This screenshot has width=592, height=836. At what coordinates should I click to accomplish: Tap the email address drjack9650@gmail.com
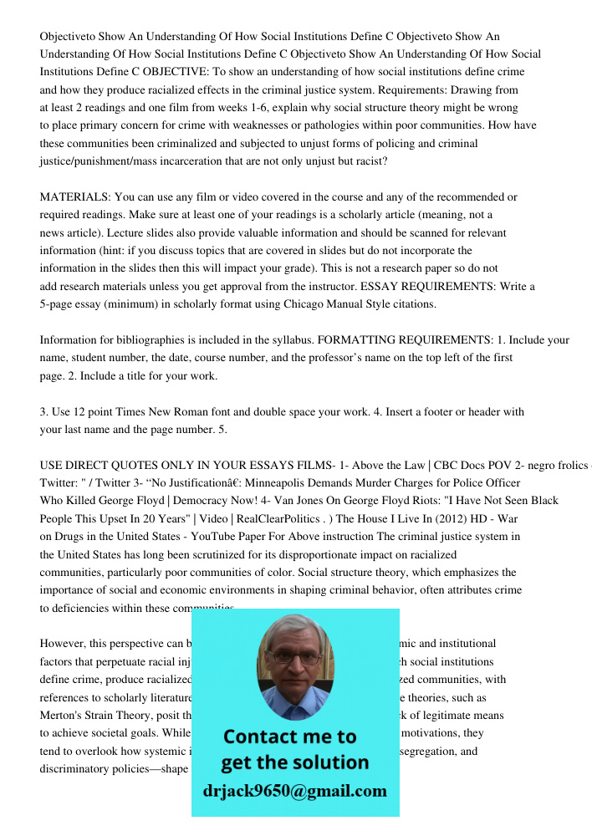pyautogui.click(x=295, y=791)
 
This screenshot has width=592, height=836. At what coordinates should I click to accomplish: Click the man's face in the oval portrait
pyautogui.click(x=294, y=669)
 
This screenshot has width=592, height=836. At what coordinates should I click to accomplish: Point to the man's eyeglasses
pyautogui.click(x=294, y=658)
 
